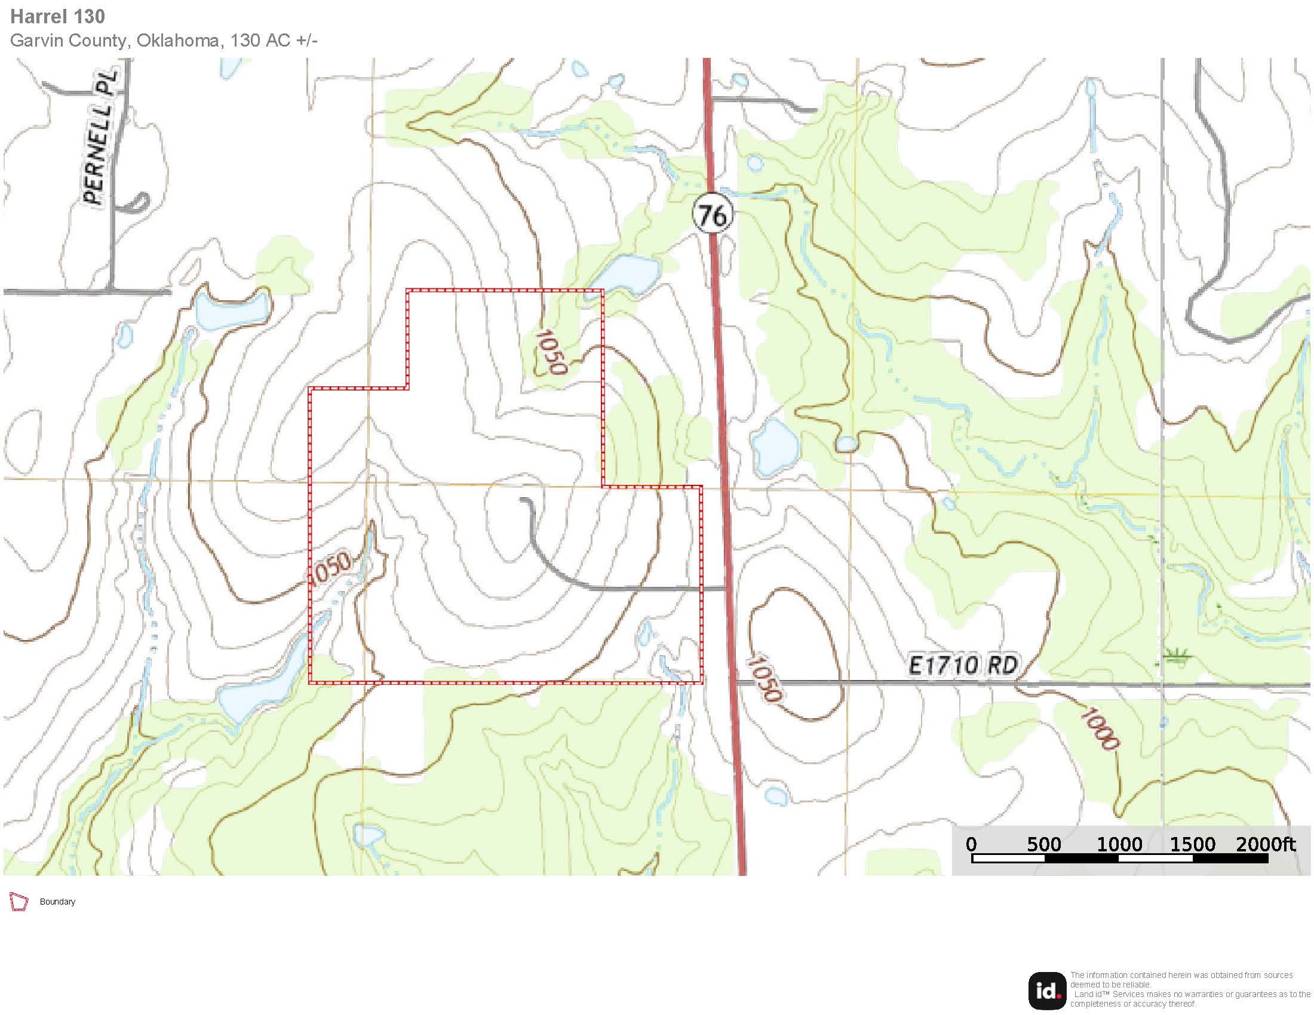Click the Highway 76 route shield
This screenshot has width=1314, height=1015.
point(713,215)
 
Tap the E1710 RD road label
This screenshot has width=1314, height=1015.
point(963,666)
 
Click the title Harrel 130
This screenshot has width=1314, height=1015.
point(58,17)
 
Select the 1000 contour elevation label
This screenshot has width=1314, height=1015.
point(1100,730)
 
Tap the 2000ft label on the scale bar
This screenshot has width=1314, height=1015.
point(1265,845)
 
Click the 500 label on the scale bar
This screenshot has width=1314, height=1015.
point(1043,845)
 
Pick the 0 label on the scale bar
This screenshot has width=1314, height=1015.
point(971,845)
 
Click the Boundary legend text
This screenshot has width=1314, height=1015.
point(57,902)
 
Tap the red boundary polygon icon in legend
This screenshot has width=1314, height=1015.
point(19,902)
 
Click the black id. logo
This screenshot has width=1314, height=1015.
point(1047,991)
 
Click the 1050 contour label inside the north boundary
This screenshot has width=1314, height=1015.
point(551,352)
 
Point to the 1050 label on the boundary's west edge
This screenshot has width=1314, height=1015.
point(329,567)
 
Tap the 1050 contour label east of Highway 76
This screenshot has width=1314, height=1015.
point(764,679)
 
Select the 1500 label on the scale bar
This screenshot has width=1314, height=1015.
point(1192,845)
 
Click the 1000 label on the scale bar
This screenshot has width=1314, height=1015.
point(1119,845)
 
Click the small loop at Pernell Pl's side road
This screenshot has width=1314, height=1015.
point(137,202)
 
